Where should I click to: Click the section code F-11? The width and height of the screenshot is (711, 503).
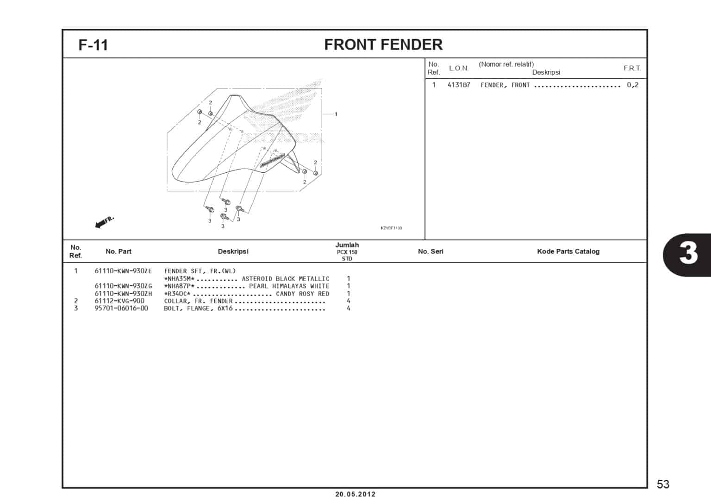(x=93, y=45)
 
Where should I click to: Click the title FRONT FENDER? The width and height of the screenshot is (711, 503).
(x=383, y=44)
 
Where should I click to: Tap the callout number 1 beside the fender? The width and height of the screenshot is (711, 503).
(x=336, y=114)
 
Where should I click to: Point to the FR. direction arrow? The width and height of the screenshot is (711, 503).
(x=104, y=222)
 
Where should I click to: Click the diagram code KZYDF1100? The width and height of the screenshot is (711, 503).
(x=391, y=228)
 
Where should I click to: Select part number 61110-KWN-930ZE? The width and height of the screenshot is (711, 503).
(x=123, y=271)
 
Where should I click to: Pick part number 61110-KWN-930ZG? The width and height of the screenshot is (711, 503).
(x=123, y=286)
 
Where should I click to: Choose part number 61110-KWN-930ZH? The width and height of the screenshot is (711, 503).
(x=123, y=294)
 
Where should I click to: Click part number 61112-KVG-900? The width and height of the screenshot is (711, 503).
(x=119, y=301)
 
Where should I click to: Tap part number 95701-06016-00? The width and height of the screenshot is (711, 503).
(x=121, y=308)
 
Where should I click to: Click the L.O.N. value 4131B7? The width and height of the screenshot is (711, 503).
(x=459, y=85)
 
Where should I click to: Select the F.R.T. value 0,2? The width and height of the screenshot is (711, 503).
(x=632, y=85)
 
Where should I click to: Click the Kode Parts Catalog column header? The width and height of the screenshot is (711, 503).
(x=568, y=251)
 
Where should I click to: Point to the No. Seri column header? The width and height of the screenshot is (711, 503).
(x=430, y=251)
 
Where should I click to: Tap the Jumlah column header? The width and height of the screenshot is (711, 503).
(x=347, y=245)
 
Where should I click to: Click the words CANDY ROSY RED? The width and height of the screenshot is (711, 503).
(x=303, y=294)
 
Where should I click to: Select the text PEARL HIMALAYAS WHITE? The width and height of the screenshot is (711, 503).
(x=289, y=286)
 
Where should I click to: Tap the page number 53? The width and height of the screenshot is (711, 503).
(x=663, y=484)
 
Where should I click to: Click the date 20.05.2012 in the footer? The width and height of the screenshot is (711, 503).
(x=355, y=494)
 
